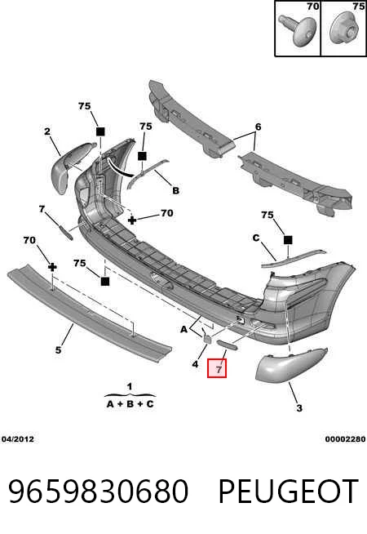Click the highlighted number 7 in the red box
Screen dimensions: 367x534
tap(219, 369)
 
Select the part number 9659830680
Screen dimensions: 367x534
tap(98, 492)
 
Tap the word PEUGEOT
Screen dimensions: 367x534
tap(288, 492)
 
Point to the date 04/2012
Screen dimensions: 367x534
tap(18, 439)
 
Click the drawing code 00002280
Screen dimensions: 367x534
tap(345, 439)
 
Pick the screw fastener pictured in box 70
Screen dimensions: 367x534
tap(298, 29)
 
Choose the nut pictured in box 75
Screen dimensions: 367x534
tap(345, 29)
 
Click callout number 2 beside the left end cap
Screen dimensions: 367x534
tap(47, 131)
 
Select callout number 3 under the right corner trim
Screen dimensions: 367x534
tap(299, 407)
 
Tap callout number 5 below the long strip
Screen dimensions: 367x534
tap(59, 349)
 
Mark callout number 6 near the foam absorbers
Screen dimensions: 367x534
tap(259, 127)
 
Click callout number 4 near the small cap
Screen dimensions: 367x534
tap(195, 364)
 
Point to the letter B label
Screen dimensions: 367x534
tap(175, 190)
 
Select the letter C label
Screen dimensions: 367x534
tap(256, 238)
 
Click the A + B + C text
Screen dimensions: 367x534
tap(130, 404)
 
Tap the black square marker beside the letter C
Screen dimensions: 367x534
tap(288, 240)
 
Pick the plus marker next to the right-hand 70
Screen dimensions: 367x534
tap(132, 220)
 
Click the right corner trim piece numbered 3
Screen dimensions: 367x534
tap(291, 363)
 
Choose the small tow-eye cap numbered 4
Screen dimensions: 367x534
tap(207, 337)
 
